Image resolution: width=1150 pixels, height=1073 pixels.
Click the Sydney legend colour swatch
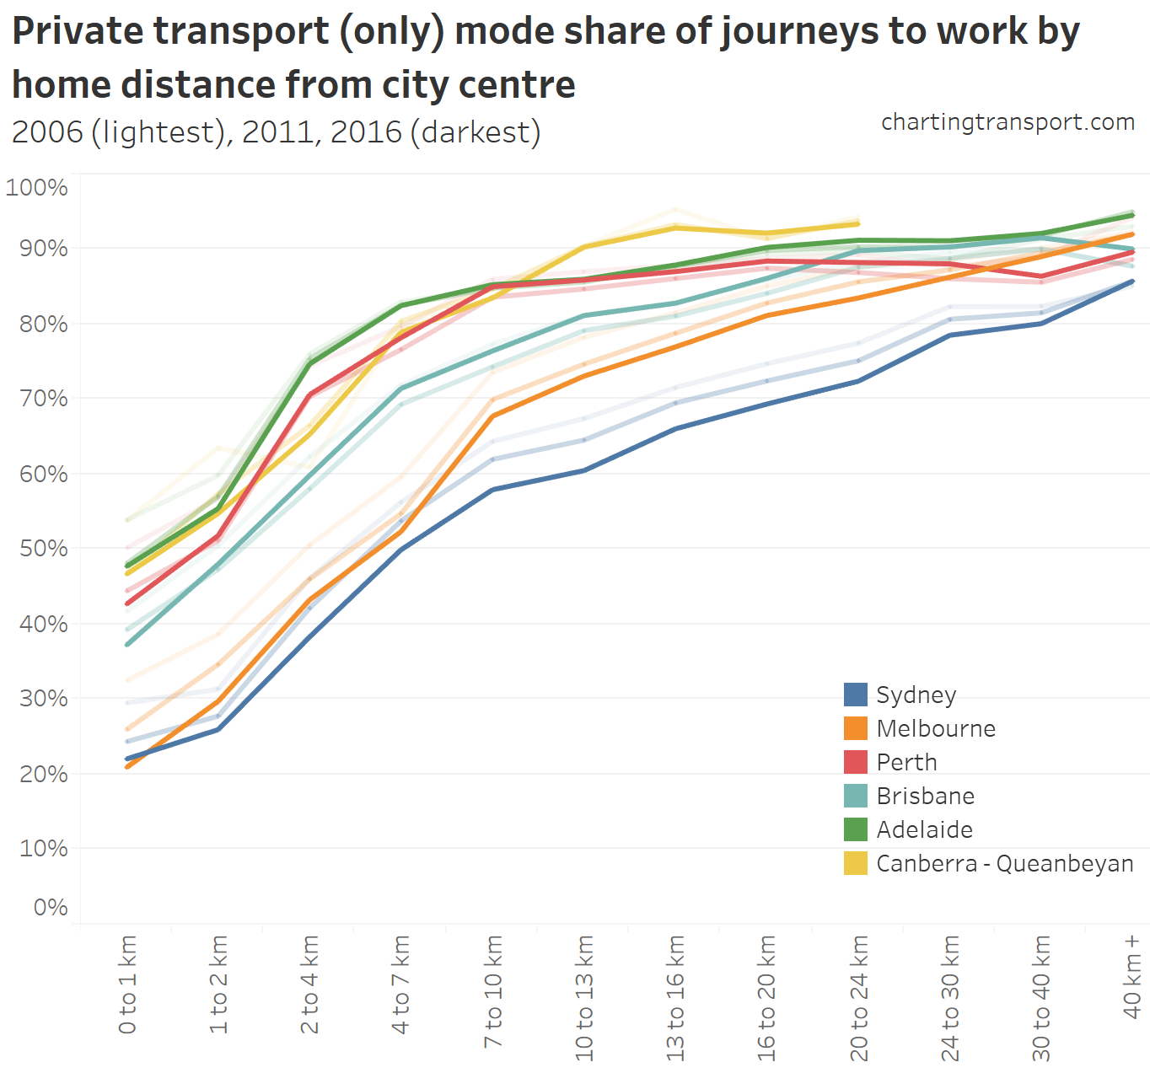tap(856, 695)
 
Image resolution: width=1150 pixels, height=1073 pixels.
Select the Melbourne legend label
tap(936, 728)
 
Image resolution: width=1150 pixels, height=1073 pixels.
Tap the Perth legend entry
tap(906, 762)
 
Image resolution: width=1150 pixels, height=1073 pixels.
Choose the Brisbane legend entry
tap(925, 796)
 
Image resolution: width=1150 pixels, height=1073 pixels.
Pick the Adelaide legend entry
tap(924, 829)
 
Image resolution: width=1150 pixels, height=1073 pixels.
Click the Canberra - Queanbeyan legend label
tap(1004, 863)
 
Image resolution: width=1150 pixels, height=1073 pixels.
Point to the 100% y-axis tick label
tap(37, 187)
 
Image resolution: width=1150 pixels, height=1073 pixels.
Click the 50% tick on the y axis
tap(43, 548)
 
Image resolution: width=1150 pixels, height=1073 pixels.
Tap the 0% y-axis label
tap(51, 907)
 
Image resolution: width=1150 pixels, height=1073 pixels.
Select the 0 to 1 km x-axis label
tap(127, 984)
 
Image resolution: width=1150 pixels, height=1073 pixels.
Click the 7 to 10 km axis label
tap(493, 991)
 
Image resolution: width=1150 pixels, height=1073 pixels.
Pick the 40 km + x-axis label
tap(1132, 976)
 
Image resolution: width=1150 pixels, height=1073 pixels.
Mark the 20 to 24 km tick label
tap(859, 997)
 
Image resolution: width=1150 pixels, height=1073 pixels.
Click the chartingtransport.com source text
tap(1008, 122)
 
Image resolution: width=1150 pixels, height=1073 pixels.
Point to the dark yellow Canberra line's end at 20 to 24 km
tap(858, 223)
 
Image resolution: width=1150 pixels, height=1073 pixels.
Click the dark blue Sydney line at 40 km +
tap(1132, 282)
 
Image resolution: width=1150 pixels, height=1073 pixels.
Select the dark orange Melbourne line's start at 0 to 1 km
tap(127, 766)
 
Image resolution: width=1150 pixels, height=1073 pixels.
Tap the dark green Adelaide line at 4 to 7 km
tap(401, 305)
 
